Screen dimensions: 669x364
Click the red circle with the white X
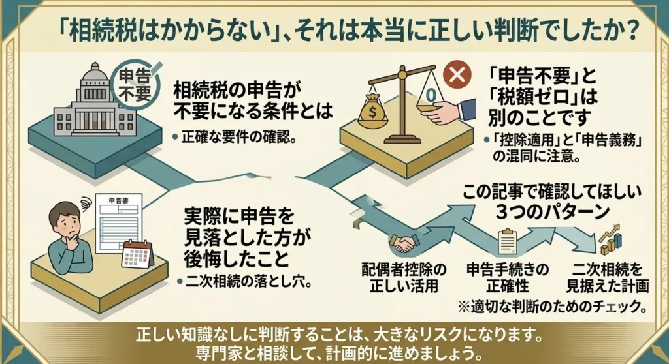(x=457, y=76)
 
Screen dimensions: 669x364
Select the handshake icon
(x=404, y=243)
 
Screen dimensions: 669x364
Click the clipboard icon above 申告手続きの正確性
(x=508, y=241)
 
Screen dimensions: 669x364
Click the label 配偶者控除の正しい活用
(x=404, y=277)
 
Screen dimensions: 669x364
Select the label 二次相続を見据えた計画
(x=607, y=277)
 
